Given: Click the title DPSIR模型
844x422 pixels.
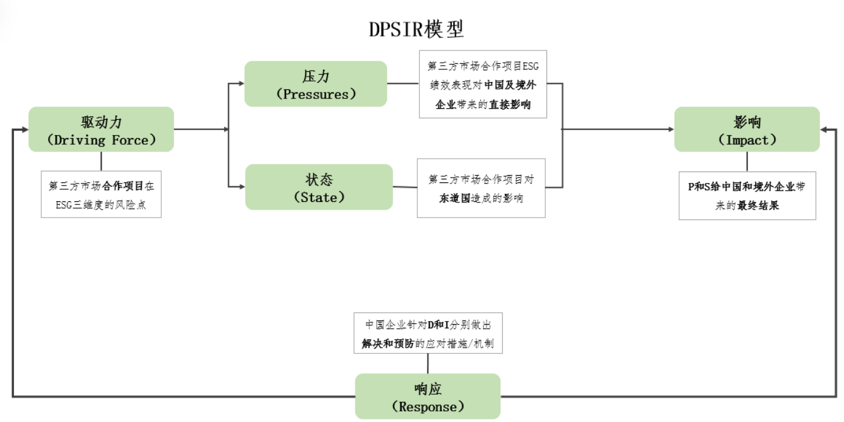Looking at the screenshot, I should pyautogui.click(x=416, y=29).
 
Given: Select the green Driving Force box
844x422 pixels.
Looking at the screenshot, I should pyautogui.click(x=101, y=130).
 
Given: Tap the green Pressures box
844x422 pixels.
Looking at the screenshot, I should pyautogui.click(x=315, y=84).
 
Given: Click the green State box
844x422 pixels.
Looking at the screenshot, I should pyautogui.click(x=318, y=187).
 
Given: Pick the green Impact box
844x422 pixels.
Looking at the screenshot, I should pyautogui.click(x=747, y=130).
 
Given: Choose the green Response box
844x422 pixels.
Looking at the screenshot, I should pyautogui.click(x=427, y=396).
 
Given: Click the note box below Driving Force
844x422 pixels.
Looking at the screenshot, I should pyautogui.click(x=101, y=195).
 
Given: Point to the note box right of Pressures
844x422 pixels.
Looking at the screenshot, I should pyautogui.click(x=483, y=84).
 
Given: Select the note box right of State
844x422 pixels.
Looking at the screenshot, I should pyautogui.click(x=481, y=188).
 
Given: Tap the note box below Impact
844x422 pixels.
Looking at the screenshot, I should pyautogui.click(x=747, y=196).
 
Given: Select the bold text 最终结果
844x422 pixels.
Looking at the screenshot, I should pyautogui.click(x=758, y=206).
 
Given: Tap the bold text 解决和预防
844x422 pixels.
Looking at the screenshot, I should pyautogui.click(x=388, y=344).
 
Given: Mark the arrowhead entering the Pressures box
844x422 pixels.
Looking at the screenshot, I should pyautogui.click(x=241, y=84).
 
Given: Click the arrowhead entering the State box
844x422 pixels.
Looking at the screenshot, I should pyautogui.click(x=242, y=187).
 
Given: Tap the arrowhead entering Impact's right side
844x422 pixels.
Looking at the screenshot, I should pyautogui.click(x=824, y=130).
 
